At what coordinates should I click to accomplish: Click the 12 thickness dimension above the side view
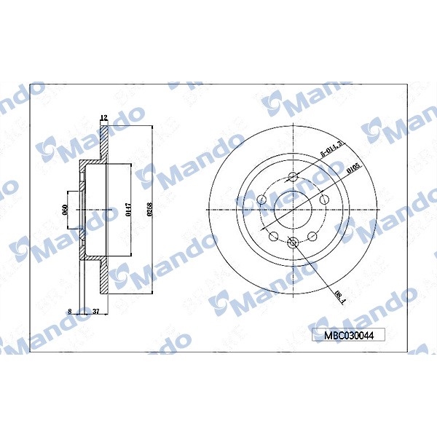(103, 117)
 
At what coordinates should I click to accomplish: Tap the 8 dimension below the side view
(69, 311)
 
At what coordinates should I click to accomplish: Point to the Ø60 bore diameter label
(66, 210)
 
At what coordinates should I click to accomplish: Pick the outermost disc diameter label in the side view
(149, 210)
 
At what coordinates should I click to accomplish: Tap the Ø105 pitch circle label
(353, 170)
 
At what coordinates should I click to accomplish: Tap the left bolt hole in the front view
(261, 198)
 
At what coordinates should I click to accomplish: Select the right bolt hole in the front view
(325, 198)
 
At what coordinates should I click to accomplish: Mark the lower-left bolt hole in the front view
(272, 236)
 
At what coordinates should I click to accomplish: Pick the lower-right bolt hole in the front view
(313, 236)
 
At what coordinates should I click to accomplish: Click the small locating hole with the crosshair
(293, 244)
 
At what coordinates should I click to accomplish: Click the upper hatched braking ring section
(103, 142)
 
